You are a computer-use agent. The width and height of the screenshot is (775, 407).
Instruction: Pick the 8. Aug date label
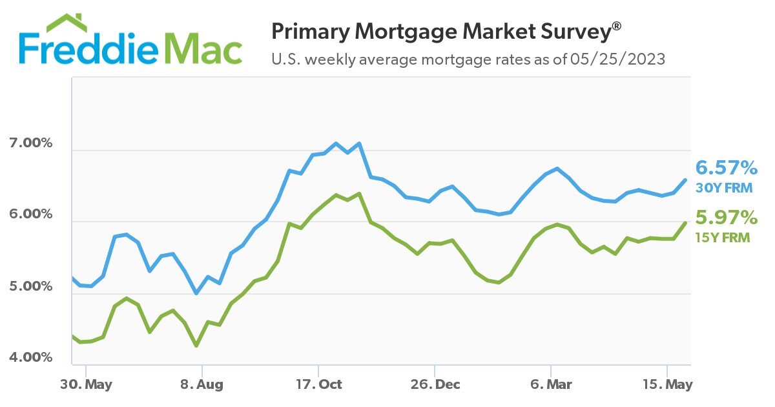click(201, 384)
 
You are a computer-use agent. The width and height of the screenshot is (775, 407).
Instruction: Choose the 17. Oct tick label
click(318, 384)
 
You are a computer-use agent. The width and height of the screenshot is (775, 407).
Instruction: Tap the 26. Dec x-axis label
click(435, 384)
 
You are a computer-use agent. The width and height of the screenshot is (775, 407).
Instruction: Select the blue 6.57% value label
click(726, 169)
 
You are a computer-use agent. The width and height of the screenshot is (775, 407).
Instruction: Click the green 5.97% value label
click(726, 218)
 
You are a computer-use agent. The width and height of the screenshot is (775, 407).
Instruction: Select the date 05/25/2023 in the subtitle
click(617, 59)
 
